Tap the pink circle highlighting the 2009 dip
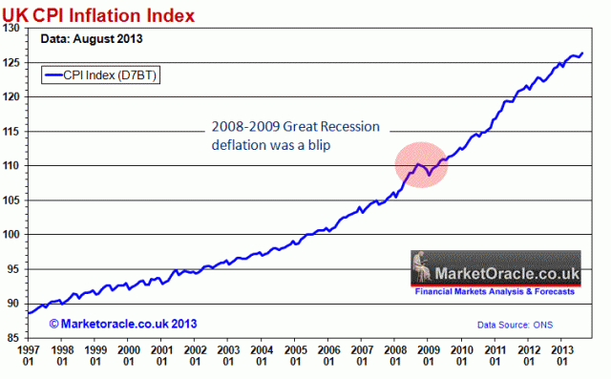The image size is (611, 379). (421, 164)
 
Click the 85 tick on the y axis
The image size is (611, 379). (16, 337)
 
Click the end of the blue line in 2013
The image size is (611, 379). (582, 53)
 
